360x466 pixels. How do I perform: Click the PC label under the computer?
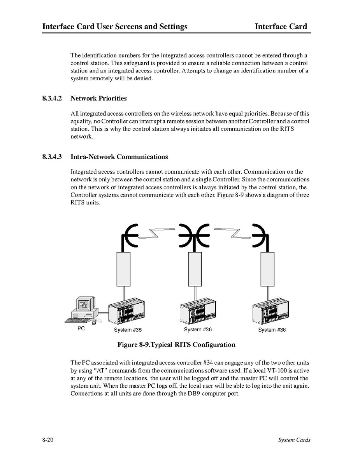pos(81,329)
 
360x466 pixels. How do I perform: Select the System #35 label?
pos(128,330)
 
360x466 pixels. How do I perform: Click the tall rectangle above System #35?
pos(123,269)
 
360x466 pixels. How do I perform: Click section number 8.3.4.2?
pos(52,98)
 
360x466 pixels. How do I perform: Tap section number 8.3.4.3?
pos(52,157)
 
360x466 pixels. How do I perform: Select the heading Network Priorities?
pos(98,98)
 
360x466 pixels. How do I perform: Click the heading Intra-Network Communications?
pos(119,157)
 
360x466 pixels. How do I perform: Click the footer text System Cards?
pos(294,440)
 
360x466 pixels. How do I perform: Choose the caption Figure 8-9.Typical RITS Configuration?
pos(176,345)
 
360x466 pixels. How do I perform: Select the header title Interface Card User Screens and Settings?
pos(115,26)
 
